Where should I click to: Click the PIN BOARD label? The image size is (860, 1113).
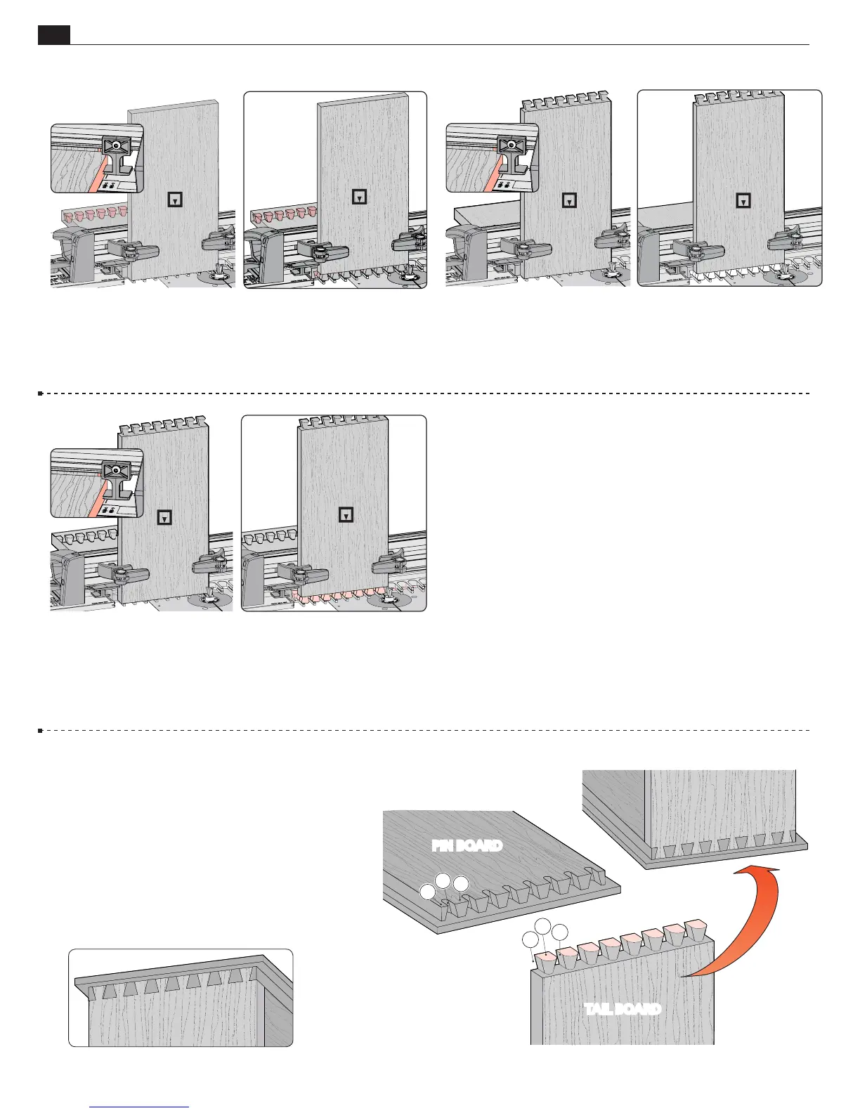(x=467, y=845)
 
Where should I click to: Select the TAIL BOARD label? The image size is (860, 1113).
(x=623, y=1009)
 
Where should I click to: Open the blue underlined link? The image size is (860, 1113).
(x=140, y=1107)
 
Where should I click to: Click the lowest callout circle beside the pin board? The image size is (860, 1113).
(x=427, y=892)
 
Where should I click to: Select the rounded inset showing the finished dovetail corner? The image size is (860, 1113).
(x=181, y=998)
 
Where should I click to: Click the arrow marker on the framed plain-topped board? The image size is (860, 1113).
(x=359, y=197)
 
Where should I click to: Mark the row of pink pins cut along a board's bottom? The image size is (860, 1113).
(x=337, y=599)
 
